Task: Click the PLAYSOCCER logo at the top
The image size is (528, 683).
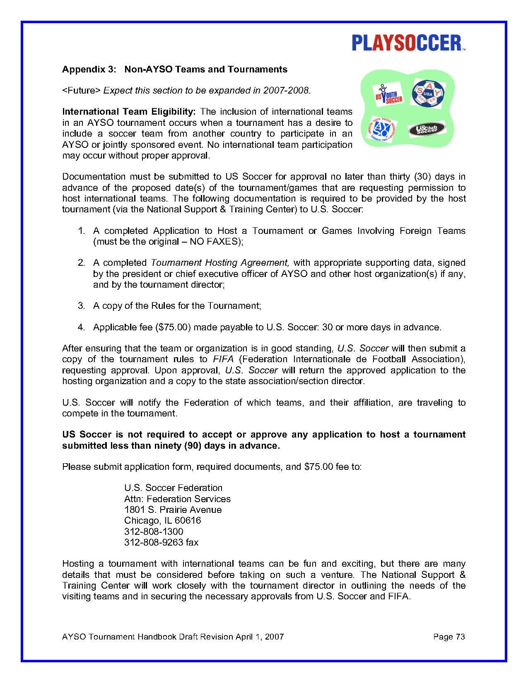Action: click(408, 43)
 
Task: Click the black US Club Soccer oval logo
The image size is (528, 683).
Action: click(427, 130)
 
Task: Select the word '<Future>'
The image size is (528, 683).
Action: click(81, 91)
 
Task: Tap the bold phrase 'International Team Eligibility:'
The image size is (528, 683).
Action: click(129, 112)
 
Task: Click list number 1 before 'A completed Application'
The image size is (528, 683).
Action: click(82, 231)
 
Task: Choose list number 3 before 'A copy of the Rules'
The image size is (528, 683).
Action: click(82, 306)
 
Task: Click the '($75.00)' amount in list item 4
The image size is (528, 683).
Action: click(173, 327)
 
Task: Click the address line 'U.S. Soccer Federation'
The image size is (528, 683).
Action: click(173, 488)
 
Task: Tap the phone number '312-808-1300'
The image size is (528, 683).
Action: click(154, 531)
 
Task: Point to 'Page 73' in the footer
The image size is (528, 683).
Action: click(449, 637)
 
